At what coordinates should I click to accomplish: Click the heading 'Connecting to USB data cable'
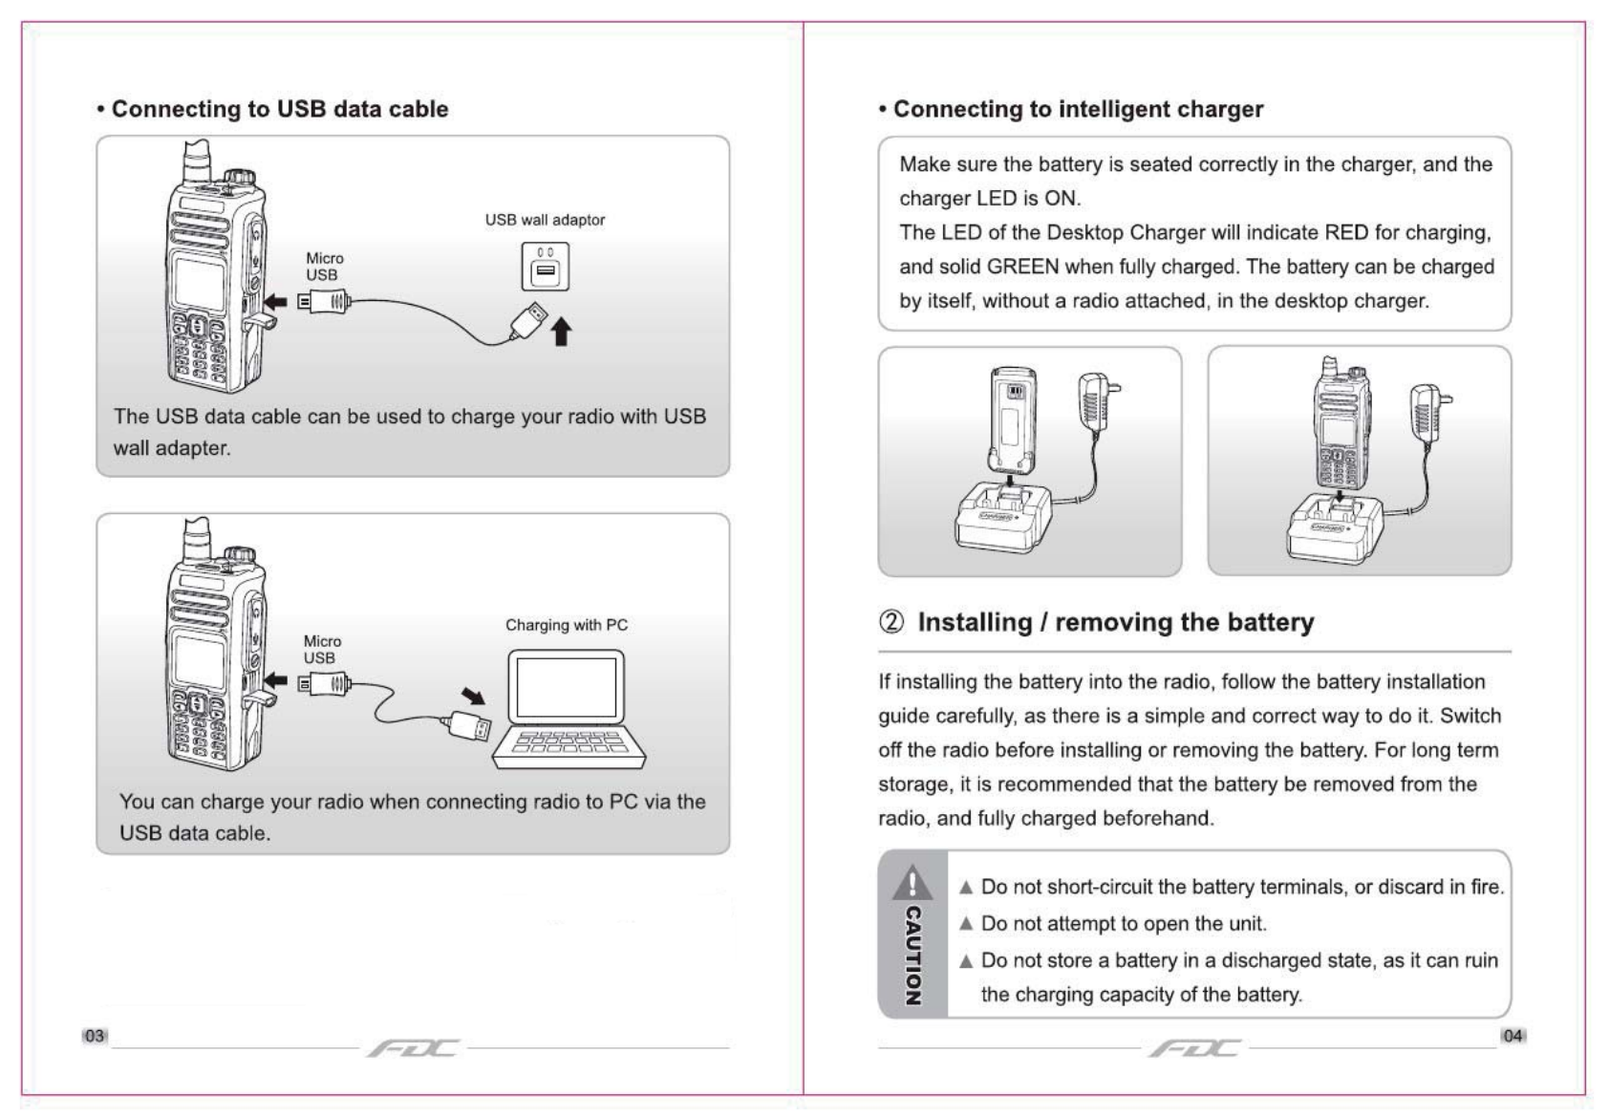pos(279,109)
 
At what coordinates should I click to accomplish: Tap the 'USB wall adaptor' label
pos(545,220)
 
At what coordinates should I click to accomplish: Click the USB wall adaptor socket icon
pos(546,267)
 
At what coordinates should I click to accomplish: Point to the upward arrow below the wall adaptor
pos(562,332)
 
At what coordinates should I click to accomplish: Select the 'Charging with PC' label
pos(567,625)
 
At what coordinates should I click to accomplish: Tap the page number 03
pos(94,1036)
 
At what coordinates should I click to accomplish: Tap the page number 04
pos(1512,1036)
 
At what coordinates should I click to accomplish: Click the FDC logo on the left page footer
pos(413,1048)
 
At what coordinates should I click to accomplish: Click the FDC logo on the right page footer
pos(1194,1048)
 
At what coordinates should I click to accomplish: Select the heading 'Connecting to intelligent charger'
pos(1078,109)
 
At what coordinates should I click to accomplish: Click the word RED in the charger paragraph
pos(1346,232)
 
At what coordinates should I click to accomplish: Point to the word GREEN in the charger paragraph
pos(1022,267)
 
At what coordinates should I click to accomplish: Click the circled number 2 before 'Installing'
pos(890,623)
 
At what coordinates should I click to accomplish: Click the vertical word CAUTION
pos(913,956)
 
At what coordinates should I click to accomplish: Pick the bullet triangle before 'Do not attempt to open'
pos(966,924)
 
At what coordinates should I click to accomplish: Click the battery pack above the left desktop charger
pos(1014,420)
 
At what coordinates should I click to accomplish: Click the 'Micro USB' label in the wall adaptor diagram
pos(324,267)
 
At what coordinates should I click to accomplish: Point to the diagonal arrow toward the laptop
pos(473,695)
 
